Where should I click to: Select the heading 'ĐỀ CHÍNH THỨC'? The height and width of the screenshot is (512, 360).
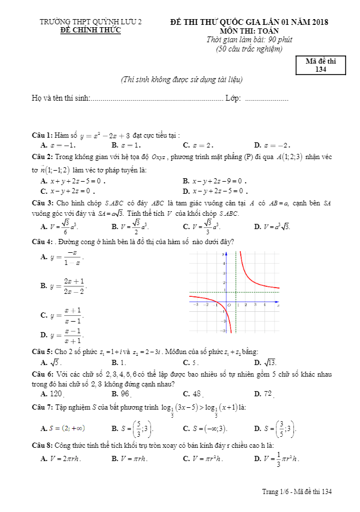click(91, 31)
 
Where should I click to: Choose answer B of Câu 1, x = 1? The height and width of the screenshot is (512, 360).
click(123, 145)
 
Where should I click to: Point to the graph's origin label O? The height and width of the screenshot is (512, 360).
click(229, 304)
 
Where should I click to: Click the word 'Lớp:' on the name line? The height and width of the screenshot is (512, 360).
click(233, 98)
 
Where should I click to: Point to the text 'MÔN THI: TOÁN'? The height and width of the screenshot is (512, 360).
click(249, 31)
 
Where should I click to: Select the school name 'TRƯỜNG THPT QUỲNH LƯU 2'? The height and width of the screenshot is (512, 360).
click(91, 22)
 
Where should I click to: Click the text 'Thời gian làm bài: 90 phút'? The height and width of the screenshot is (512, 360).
click(249, 40)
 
